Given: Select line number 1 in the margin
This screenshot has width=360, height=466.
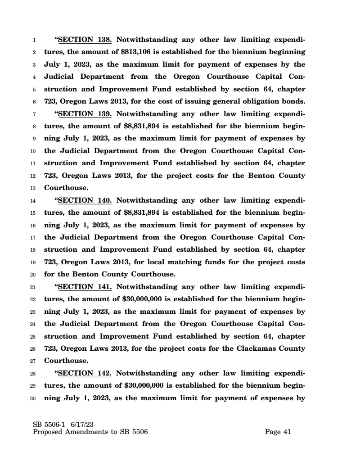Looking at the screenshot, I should click(x=35, y=40).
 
